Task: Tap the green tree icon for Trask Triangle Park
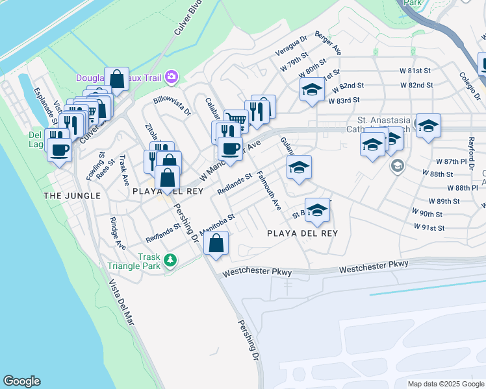[170, 260]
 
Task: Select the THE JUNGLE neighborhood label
[71, 195]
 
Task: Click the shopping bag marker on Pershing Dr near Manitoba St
[216, 244]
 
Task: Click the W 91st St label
[429, 228]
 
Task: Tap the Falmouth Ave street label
[269, 191]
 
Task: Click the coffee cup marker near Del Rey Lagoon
[60, 150]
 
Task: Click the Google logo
[21, 381]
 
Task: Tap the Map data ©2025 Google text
[445, 384]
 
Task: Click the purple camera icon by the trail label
[171, 77]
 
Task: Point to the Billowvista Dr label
[172, 105]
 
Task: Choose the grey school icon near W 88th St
[396, 167]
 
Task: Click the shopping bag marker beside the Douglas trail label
[117, 80]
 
